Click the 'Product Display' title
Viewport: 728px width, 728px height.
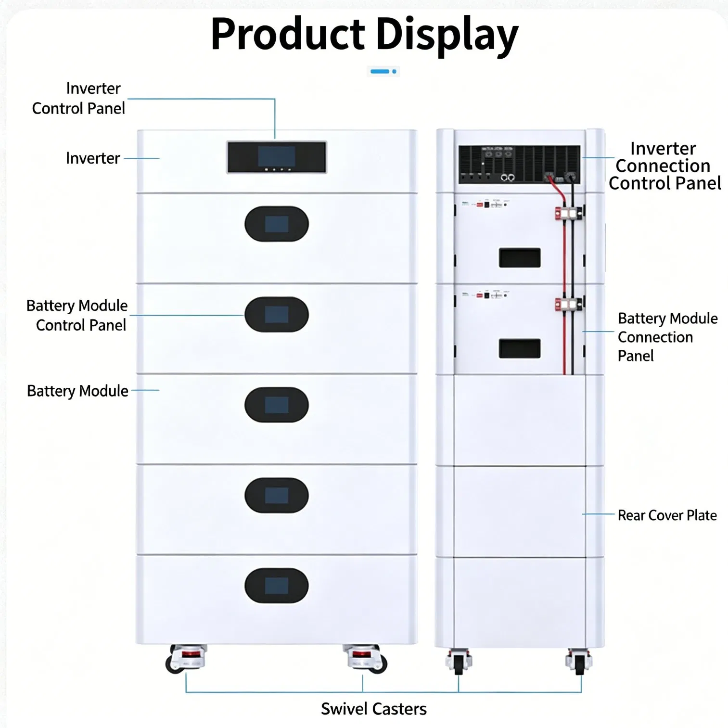(x=364, y=35)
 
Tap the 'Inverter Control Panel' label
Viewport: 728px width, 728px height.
(x=78, y=98)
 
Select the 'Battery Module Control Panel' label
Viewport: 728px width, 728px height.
(x=77, y=315)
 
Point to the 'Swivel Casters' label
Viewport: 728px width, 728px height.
(x=374, y=709)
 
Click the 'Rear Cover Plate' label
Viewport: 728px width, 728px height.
(x=667, y=515)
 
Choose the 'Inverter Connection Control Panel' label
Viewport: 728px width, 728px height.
(x=664, y=166)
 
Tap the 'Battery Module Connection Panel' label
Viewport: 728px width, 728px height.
(x=667, y=337)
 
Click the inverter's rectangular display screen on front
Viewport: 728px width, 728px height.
(x=277, y=157)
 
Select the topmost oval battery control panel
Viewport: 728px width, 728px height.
(x=277, y=224)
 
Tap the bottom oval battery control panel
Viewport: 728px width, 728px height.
(x=277, y=586)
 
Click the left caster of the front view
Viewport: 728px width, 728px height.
(x=186, y=658)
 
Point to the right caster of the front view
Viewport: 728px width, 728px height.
(x=365, y=658)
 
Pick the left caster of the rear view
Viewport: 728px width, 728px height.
(x=459, y=662)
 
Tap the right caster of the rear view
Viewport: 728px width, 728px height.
(x=579, y=662)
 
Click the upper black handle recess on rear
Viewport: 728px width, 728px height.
(x=520, y=258)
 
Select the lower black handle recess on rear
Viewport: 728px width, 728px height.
(x=520, y=348)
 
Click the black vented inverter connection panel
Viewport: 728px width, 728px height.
(x=519, y=165)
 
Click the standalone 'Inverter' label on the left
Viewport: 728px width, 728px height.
(x=93, y=158)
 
